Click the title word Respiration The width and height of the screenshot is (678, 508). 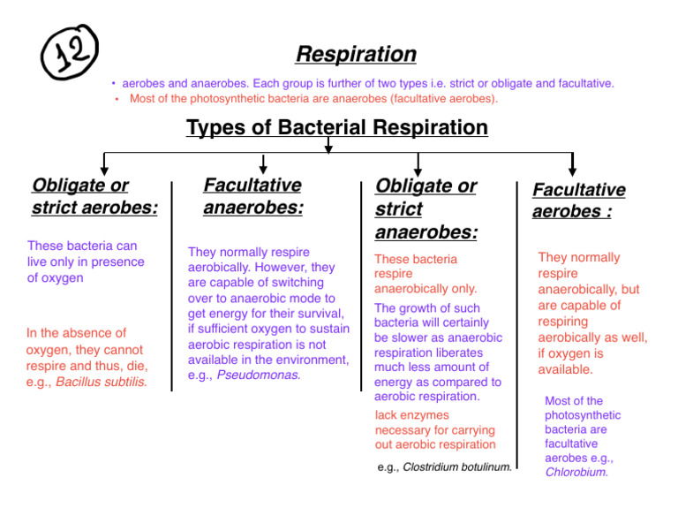click(x=356, y=55)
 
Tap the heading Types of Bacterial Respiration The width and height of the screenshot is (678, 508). click(x=337, y=127)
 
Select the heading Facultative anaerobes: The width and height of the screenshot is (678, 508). click(x=252, y=197)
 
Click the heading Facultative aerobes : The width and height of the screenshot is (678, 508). click(x=578, y=201)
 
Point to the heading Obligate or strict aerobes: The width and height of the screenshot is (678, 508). click(x=94, y=197)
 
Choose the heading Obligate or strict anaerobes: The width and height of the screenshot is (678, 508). click(x=426, y=209)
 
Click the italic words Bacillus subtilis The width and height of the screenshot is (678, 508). click(x=102, y=383)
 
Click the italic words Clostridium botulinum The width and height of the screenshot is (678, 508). click(x=456, y=466)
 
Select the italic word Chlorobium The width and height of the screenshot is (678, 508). click(x=576, y=472)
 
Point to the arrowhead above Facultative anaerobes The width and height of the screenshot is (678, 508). click(x=263, y=168)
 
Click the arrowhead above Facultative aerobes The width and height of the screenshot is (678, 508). click(x=572, y=169)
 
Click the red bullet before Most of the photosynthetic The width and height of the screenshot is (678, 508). click(x=117, y=99)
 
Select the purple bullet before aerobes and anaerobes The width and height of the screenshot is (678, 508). click(x=114, y=84)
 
